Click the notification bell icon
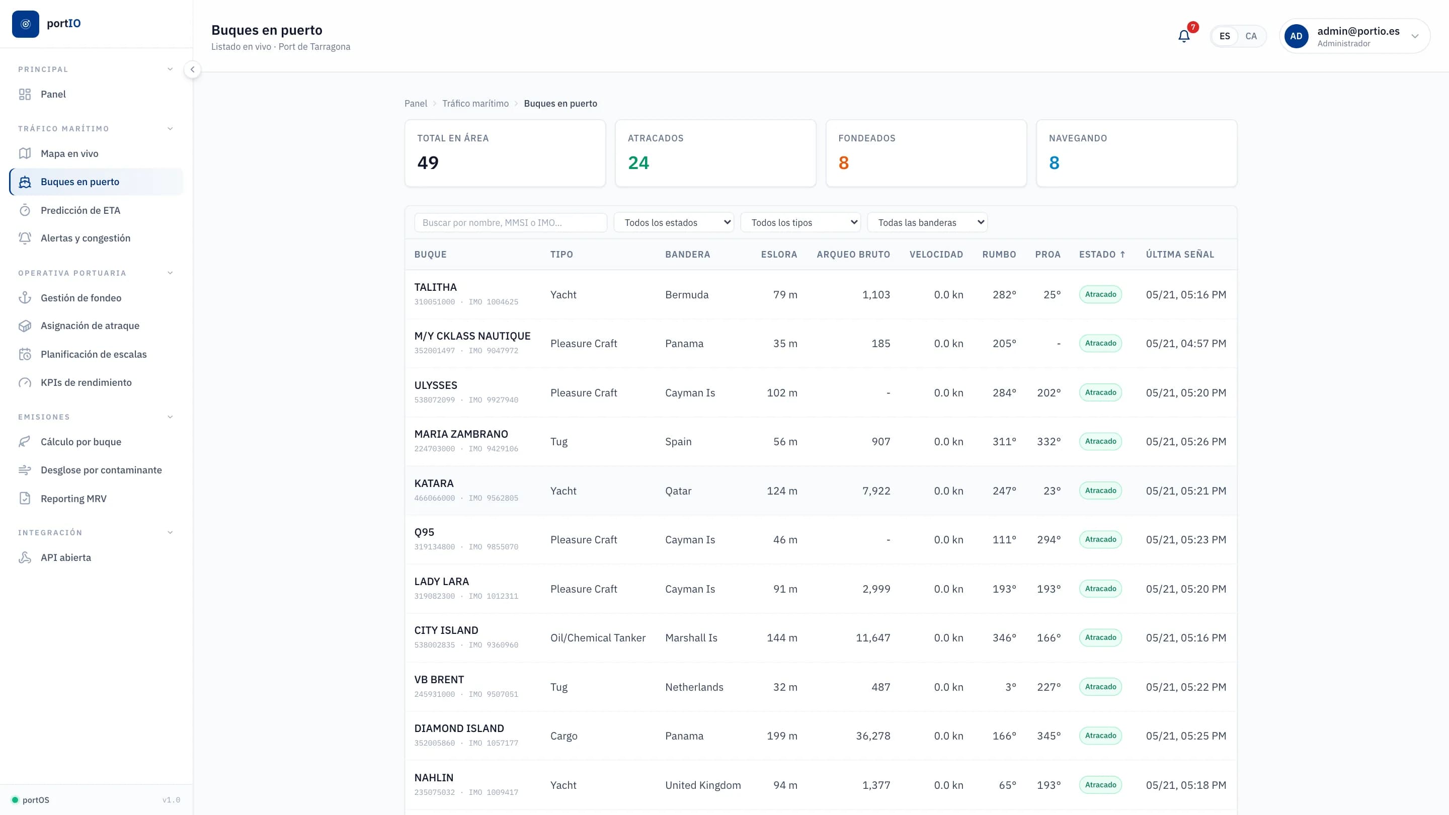click(x=1183, y=37)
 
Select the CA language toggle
click(x=1250, y=36)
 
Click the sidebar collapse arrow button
click(x=192, y=70)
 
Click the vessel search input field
click(x=510, y=223)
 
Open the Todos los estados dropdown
click(x=674, y=223)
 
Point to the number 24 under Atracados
click(x=638, y=163)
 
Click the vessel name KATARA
click(x=434, y=483)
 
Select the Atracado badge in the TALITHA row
click(x=1100, y=295)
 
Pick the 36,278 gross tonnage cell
click(x=873, y=736)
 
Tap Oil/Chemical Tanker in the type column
click(x=598, y=638)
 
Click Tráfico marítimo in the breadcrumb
click(x=475, y=104)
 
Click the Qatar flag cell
click(x=678, y=491)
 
